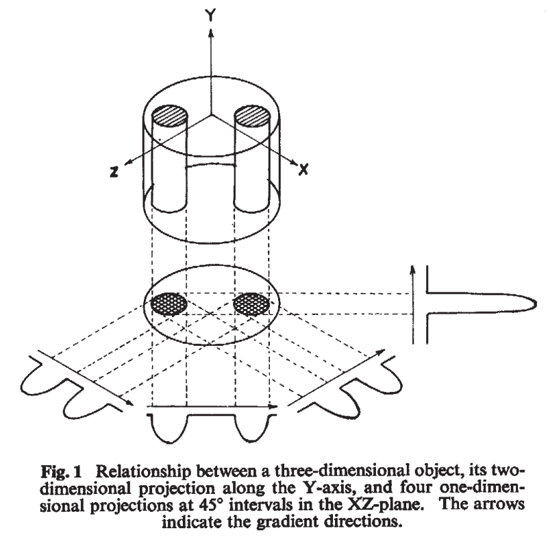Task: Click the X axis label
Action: [x=303, y=169]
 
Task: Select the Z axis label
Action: [x=116, y=173]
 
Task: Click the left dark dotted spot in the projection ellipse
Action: [x=168, y=301]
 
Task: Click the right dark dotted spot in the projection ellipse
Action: [x=251, y=301]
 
